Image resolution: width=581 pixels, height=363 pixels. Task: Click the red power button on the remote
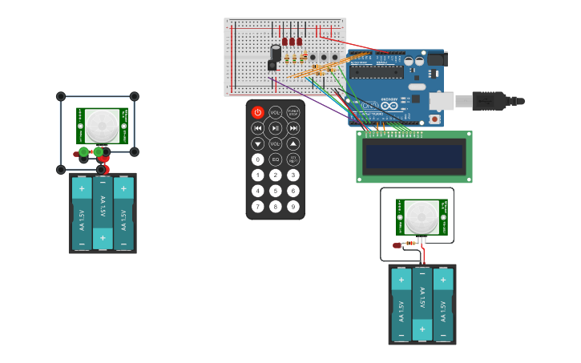pyautogui.click(x=257, y=113)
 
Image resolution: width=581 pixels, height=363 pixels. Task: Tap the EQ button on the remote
pyautogui.click(x=275, y=159)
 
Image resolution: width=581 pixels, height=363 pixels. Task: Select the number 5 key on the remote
pyautogui.click(x=275, y=191)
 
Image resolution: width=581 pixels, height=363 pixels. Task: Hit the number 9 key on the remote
pyautogui.click(x=293, y=207)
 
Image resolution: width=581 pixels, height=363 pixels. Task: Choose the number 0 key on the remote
pyautogui.click(x=257, y=159)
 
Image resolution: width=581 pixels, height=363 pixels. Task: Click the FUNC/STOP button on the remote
pyautogui.click(x=293, y=113)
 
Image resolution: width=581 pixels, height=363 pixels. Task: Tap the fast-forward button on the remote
pyautogui.click(x=293, y=128)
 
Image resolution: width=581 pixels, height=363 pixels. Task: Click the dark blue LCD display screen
pyautogui.click(x=414, y=157)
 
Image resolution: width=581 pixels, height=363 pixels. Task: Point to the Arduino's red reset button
pyautogui.click(x=434, y=119)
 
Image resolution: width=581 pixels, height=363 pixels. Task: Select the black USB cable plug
pyautogui.click(x=489, y=101)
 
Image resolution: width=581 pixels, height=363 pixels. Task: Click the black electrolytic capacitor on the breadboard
pyautogui.click(x=276, y=53)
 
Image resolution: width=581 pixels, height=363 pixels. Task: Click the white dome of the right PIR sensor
pyautogui.click(x=421, y=217)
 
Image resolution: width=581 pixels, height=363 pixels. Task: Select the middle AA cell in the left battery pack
pyautogui.click(x=103, y=213)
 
